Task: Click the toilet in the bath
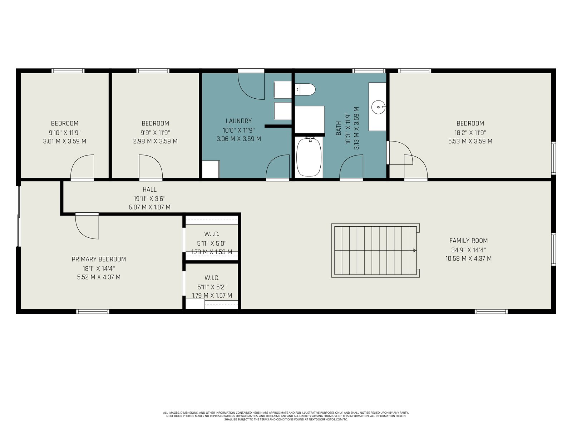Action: [305, 89]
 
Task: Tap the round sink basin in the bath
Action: [378, 107]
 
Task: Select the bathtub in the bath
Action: [309, 157]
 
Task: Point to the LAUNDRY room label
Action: [239, 121]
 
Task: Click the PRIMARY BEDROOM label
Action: [99, 259]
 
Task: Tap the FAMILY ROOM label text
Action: [469, 241]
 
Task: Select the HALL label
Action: [149, 189]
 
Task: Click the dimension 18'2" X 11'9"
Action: [470, 133]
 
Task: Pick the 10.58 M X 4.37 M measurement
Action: [469, 258]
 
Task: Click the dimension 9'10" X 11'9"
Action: [65, 133]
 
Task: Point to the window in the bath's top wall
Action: [369, 70]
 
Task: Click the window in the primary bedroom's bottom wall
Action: [93, 311]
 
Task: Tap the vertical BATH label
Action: [338, 128]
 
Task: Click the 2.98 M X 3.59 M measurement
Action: [155, 142]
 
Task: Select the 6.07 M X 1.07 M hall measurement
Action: [149, 207]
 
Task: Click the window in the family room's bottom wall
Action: [491, 311]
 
